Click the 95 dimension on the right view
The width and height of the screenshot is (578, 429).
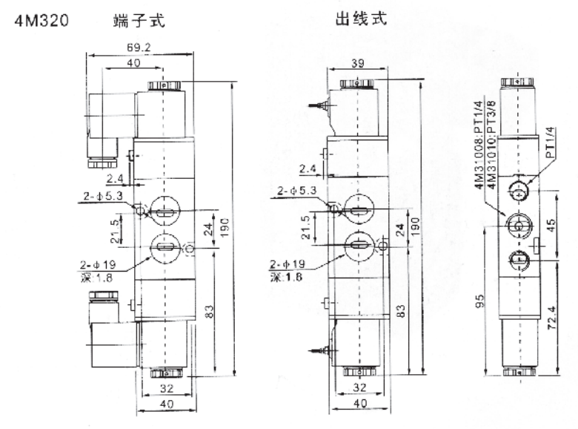pyautogui.click(x=479, y=301)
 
